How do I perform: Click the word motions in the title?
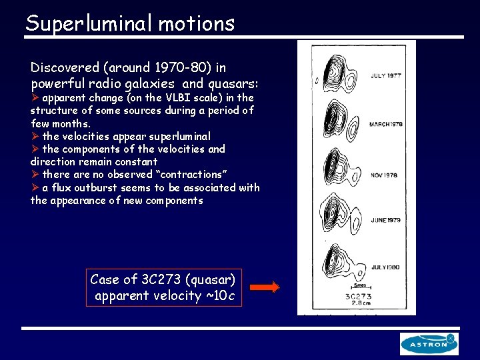click(198, 23)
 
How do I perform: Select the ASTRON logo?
click(429, 343)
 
